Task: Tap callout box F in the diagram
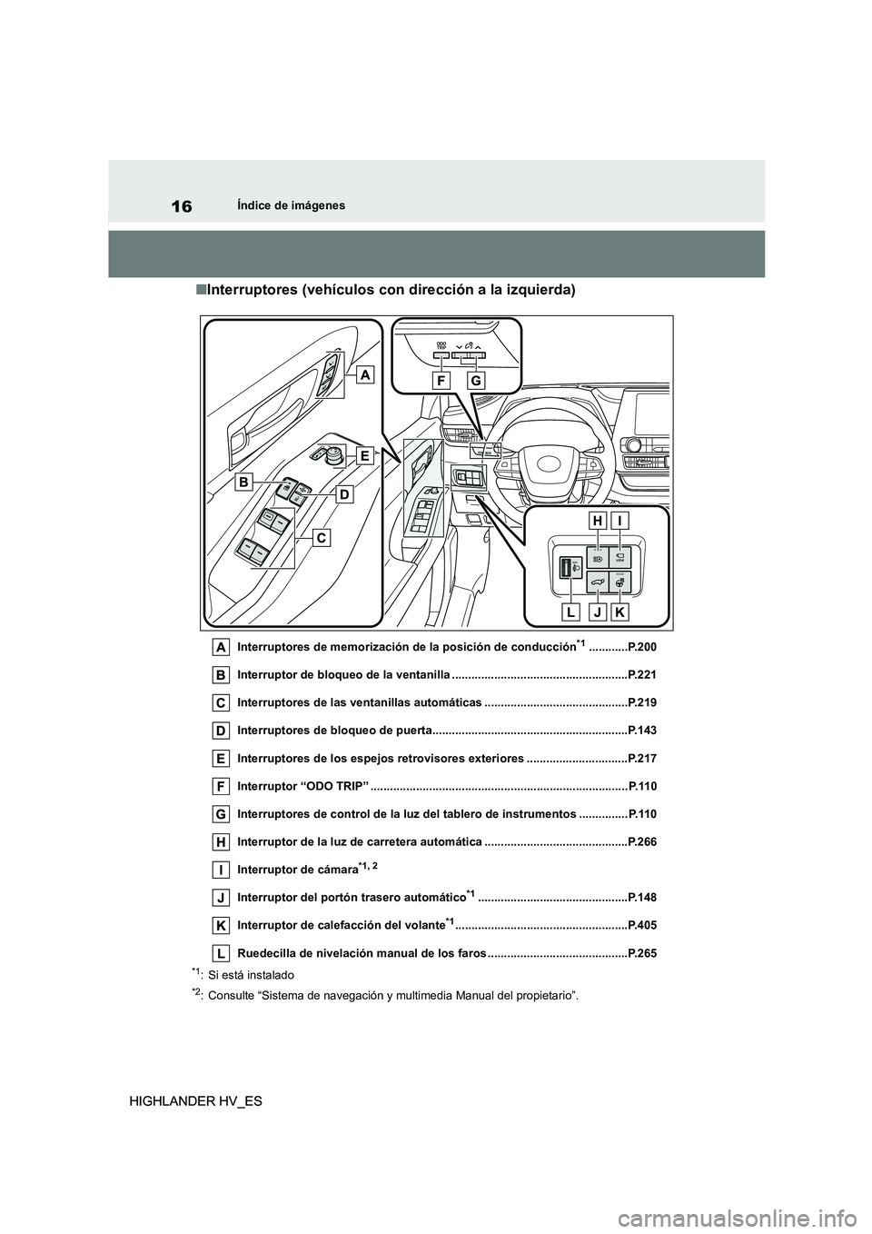(442, 382)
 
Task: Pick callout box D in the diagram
(345, 494)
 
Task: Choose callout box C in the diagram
(322, 538)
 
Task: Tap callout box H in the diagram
(597, 522)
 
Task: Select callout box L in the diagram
(570, 613)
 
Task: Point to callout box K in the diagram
(620, 613)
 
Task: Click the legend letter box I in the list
(221, 870)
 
